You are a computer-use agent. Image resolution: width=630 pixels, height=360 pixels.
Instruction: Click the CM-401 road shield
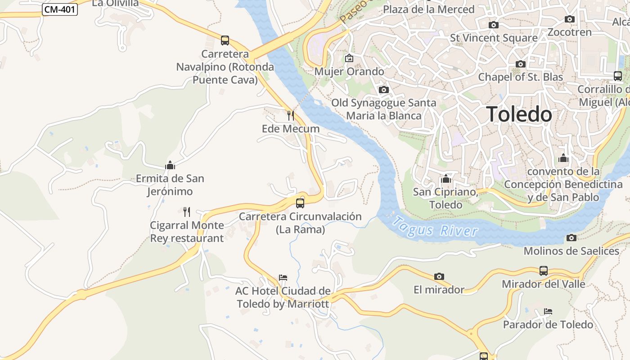click(x=60, y=9)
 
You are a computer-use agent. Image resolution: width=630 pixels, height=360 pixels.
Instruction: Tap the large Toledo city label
click(x=519, y=114)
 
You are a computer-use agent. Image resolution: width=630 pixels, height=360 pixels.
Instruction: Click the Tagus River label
click(x=435, y=227)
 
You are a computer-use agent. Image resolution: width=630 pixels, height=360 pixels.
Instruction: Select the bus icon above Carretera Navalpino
click(x=225, y=40)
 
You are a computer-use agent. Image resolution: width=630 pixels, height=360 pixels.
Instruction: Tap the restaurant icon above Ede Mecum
click(x=291, y=116)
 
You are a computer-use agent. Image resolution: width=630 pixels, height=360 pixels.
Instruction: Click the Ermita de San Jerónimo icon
click(x=170, y=165)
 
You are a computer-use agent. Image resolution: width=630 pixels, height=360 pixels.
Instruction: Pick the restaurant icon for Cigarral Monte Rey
click(x=187, y=211)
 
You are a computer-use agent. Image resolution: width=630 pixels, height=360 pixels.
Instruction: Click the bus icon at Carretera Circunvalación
click(x=300, y=203)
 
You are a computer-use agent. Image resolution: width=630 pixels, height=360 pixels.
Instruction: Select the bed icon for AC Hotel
click(x=283, y=277)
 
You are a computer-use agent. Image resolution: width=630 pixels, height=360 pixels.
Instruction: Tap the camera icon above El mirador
click(x=439, y=276)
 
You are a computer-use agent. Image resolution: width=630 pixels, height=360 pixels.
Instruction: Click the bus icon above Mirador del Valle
click(x=544, y=271)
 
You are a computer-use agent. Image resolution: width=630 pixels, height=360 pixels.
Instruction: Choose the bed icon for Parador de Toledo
click(x=548, y=311)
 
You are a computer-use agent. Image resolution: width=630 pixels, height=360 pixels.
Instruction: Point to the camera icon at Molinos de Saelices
click(x=571, y=238)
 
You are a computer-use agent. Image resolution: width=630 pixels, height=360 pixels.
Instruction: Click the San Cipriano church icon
click(x=446, y=179)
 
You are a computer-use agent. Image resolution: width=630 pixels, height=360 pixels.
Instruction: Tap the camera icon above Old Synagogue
click(x=384, y=90)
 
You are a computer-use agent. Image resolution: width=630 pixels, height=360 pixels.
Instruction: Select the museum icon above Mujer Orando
click(x=349, y=58)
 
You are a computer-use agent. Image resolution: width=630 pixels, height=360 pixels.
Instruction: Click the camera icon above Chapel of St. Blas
click(x=521, y=64)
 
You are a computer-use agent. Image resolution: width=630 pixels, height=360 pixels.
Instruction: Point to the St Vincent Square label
click(x=494, y=38)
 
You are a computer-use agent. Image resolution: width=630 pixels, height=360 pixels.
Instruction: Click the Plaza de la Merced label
click(x=428, y=9)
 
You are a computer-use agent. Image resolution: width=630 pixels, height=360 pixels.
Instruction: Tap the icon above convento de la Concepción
click(x=563, y=158)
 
